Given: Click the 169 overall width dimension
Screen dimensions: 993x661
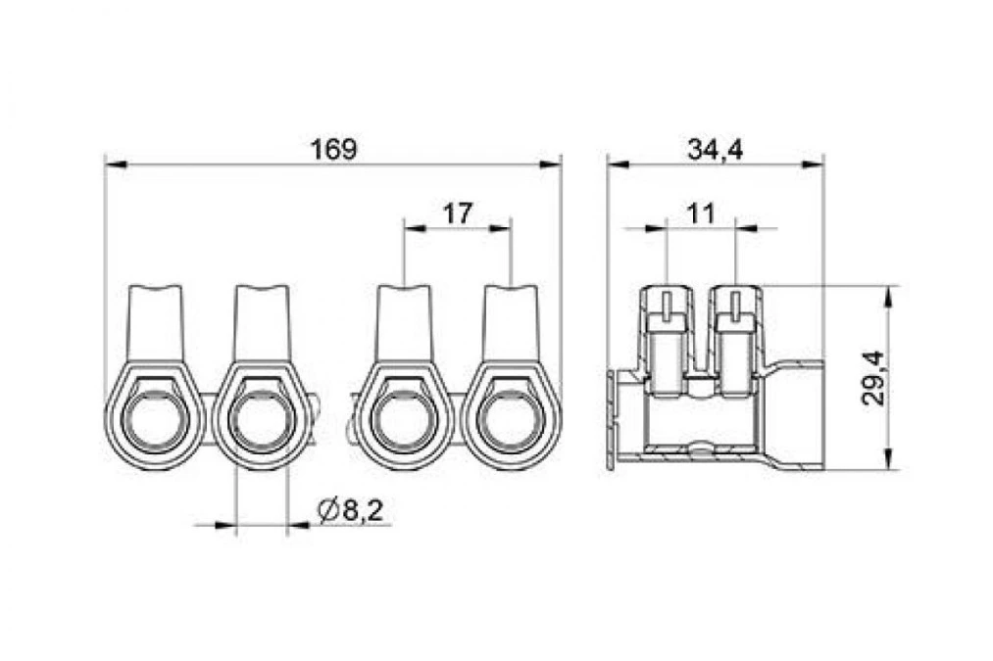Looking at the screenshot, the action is coord(333,149).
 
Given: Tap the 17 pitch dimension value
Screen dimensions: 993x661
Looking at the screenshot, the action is coord(457,213).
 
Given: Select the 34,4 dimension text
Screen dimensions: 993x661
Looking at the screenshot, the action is coord(715,150).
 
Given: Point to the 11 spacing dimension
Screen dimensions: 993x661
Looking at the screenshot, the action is coord(701,213).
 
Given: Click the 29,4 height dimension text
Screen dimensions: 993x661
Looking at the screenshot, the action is coord(873,377).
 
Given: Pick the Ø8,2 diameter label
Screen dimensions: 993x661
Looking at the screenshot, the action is coord(352,510).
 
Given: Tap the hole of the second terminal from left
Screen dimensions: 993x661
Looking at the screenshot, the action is coord(262,421).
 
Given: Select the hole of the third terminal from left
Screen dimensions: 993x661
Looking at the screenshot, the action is coord(403,421).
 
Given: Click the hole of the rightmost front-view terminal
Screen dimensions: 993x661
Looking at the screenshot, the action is coord(510,421).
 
